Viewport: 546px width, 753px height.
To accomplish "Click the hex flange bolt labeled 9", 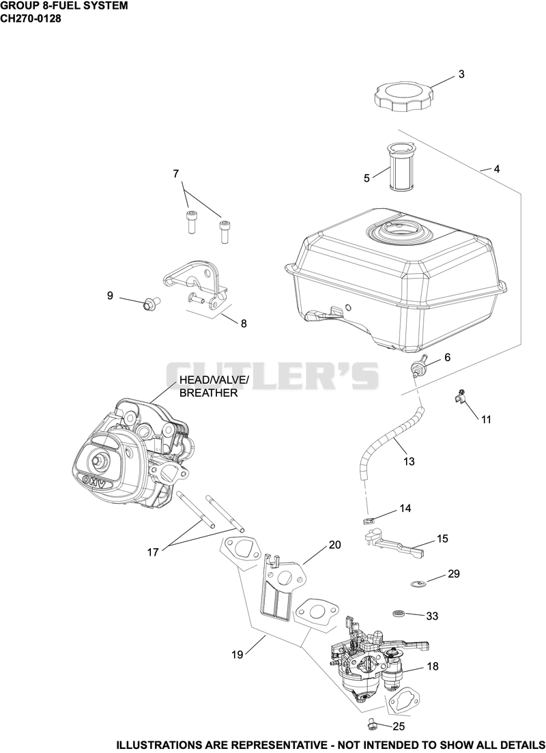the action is point(152,304).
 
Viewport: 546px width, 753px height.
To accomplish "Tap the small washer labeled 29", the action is point(419,584).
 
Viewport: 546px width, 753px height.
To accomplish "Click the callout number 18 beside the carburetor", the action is point(432,666).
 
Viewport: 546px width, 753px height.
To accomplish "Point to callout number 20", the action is point(334,545).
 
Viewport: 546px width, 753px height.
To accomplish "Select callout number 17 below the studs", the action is point(153,552).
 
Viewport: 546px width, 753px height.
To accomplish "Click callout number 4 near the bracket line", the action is point(497,169).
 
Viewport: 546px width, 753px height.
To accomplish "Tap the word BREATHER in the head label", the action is point(208,393).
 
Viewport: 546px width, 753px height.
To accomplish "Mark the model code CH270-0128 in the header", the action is point(31,19).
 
